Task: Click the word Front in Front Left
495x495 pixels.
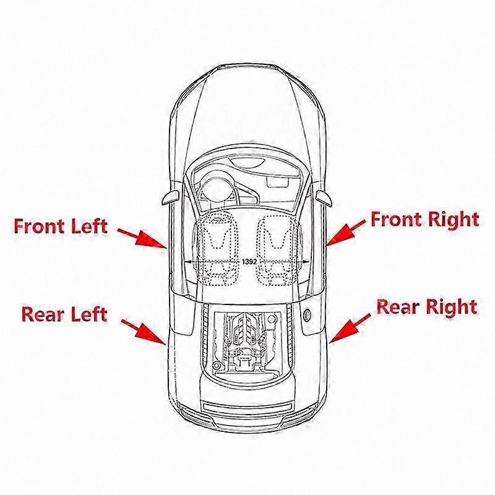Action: click(x=39, y=226)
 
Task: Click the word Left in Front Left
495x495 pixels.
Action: click(x=89, y=226)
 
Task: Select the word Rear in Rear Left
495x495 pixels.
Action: click(x=43, y=314)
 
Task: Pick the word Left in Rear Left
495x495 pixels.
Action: click(x=89, y=314)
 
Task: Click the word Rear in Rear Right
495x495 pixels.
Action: click(x=398, y=306)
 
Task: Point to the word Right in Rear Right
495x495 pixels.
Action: click(x=452, y=308)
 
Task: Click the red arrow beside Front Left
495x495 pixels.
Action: click(x=142, y=238)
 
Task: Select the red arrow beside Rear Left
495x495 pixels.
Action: click(x=143, y=332)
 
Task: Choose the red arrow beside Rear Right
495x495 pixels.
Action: click(x=350, y=328)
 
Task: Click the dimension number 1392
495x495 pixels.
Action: click(x=249, y=262)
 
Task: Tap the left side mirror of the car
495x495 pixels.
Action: click(x=171, y=197)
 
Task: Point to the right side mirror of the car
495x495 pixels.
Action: click(x=324, y=198)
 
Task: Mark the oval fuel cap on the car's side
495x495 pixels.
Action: click(x=306, y=315)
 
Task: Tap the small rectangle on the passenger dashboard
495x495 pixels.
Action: click(x=278, y=182)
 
